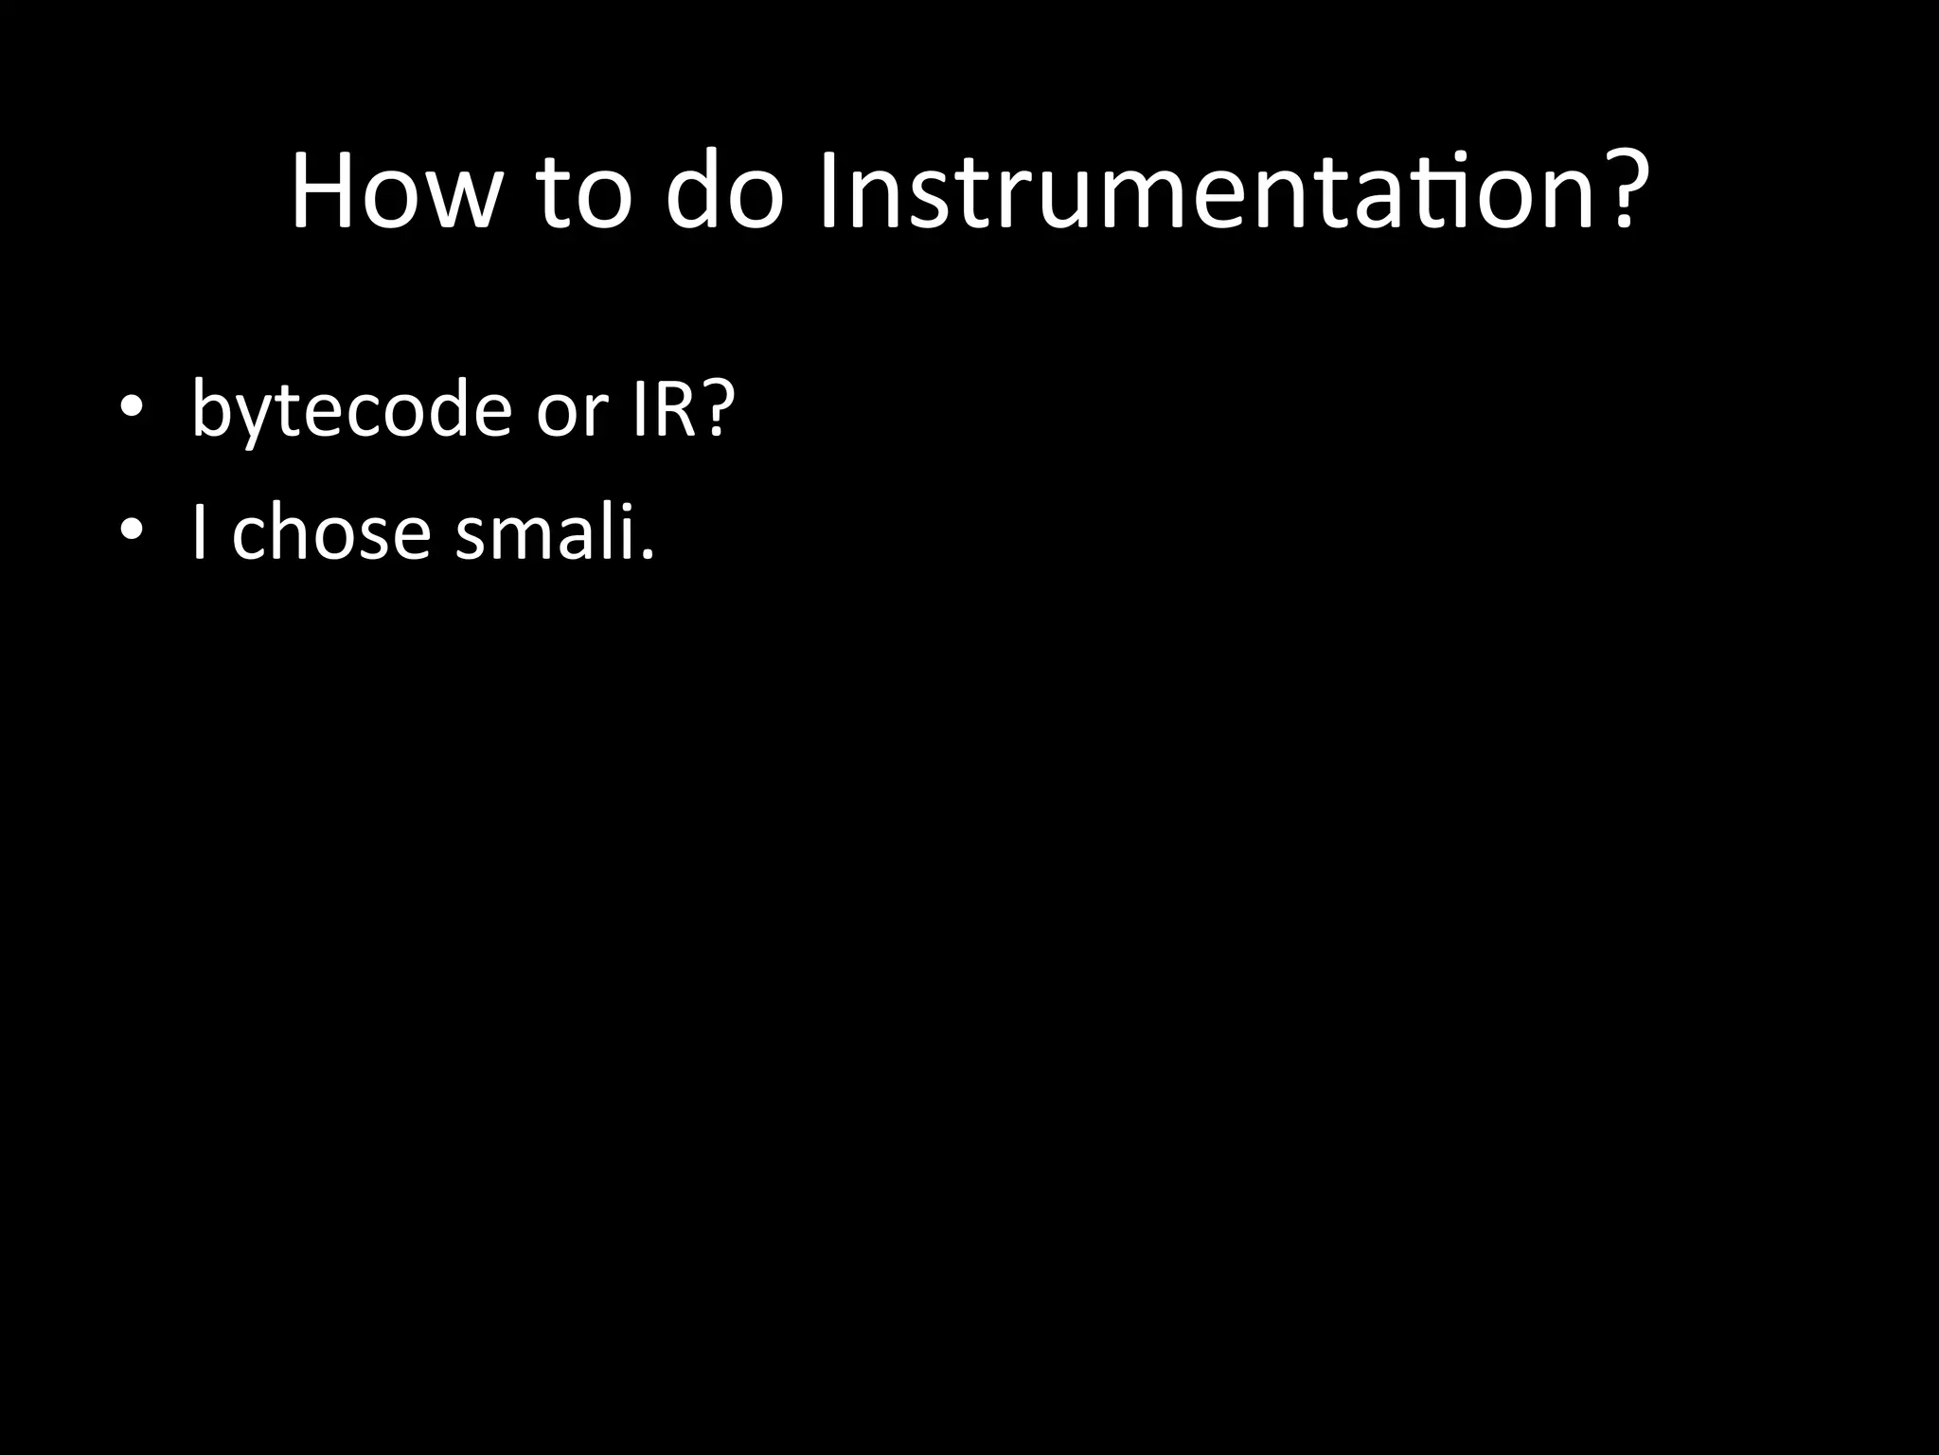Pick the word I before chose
(x=199, y=532)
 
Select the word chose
(x=331, y=532)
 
